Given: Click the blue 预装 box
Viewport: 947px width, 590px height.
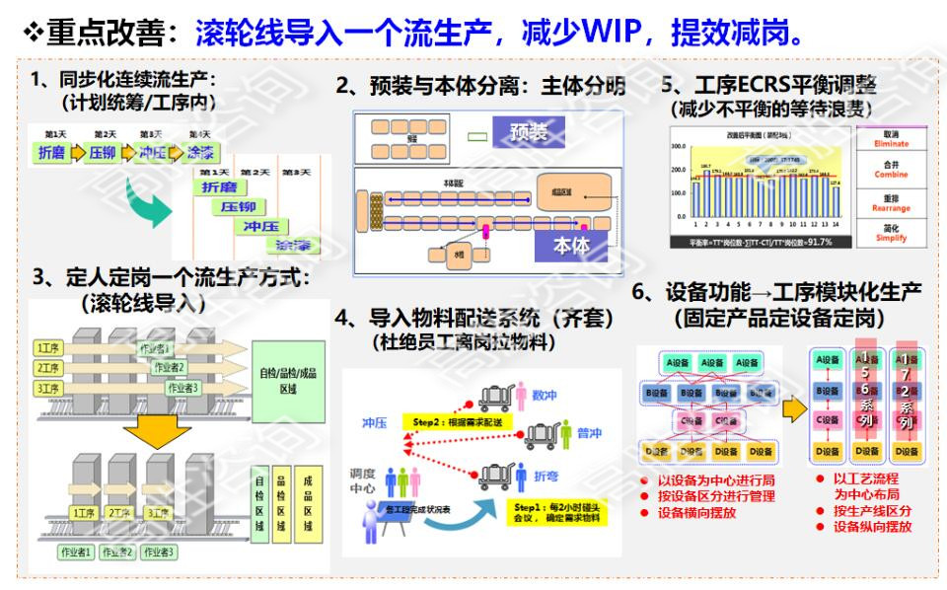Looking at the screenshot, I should (x=528, y=132).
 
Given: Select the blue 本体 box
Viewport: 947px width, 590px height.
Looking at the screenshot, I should (x=571, y=243).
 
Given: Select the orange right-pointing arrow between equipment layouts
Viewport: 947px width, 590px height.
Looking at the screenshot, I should (x=794, y=407).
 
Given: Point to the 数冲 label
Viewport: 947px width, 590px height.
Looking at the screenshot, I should (x=544, y=396).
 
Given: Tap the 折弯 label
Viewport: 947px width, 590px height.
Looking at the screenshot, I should (x=545, y=475).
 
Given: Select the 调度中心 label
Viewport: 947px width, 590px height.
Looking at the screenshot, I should (x=362, y=480).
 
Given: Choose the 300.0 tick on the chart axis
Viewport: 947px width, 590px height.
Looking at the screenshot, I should (x=678, y=146).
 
